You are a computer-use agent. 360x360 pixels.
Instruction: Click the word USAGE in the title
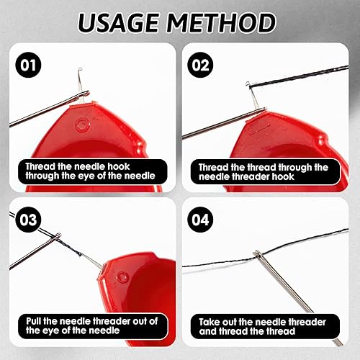[118, 23]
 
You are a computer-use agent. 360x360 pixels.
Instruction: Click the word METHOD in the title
[221, 23]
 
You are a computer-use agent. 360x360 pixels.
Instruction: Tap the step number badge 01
[28, 65]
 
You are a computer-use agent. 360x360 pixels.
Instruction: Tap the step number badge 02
[200, 65]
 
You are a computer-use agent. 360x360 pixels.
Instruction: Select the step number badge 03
[28, 220]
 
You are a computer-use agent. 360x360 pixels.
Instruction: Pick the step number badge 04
[200, 220]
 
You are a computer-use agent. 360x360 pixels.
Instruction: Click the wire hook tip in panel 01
[80, 70]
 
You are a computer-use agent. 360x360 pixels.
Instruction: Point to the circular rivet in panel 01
[81, 125]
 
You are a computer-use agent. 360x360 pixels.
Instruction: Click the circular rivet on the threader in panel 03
[122, 278]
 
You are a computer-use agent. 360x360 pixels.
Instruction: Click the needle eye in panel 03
[58, 236]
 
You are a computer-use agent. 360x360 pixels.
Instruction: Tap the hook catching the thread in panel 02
[248, 84]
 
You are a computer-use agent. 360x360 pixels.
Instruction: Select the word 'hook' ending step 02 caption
[283, 176]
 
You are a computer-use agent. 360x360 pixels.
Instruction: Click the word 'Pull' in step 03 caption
[34, 321]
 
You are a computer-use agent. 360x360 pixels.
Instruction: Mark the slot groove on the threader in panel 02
[260, 128]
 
